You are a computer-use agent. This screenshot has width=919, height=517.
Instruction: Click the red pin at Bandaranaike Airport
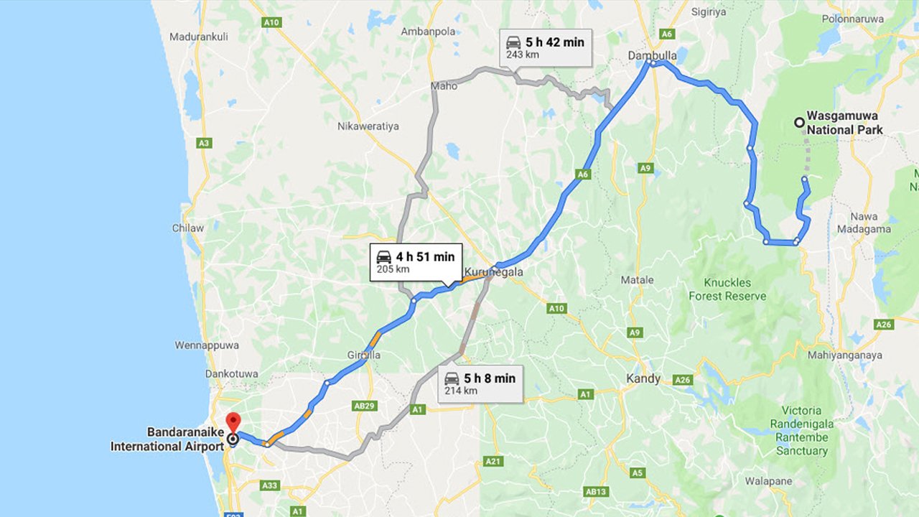coord(233,421)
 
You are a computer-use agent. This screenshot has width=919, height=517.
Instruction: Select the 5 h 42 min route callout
coord(546,47)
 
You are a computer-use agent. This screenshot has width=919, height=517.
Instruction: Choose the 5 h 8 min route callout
coord(480,383)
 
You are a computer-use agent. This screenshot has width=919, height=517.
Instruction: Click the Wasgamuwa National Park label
coord(844,122)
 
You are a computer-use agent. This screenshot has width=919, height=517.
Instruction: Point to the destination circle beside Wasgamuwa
coord(798,123)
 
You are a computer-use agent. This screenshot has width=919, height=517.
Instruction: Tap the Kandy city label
coord(643,378)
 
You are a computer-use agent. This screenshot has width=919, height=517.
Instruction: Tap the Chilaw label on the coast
coord(187,228)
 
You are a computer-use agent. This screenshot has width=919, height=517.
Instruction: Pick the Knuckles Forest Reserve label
coord(727,289)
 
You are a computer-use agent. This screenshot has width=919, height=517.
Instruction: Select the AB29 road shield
coord(365,406)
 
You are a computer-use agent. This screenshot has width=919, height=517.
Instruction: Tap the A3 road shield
coord(204,144)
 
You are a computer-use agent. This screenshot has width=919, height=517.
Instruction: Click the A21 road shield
coord(492,461)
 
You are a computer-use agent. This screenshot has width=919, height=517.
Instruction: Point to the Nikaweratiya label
coord(368,126)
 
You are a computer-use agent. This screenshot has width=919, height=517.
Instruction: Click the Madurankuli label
coord(198,37)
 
